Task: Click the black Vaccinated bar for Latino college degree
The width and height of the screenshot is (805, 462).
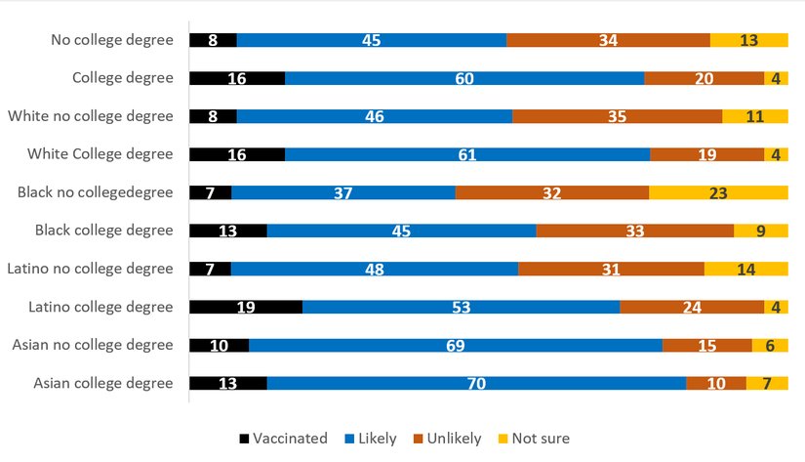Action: click(x=246, y=307)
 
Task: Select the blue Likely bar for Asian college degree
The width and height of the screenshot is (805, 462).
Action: click(x=476, y=383)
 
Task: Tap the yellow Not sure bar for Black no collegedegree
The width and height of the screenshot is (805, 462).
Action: click(x=718, y=192)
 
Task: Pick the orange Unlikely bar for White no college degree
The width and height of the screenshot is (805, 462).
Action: click(x=617, y=116)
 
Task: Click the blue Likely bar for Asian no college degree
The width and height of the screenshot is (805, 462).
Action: click(x=456, y=345)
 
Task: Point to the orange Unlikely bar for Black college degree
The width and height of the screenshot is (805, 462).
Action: click(x=634, y=231)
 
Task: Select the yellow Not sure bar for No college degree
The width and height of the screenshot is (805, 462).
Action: click(x=748, y=40)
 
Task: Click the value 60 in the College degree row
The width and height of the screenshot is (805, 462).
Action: click(x=464, y=78)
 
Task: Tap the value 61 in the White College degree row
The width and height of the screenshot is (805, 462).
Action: click(x=467, y=154)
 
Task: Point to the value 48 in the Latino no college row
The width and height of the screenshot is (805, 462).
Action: click(x=375, y=269)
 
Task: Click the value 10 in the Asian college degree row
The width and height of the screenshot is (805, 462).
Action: click(x=716, y=383)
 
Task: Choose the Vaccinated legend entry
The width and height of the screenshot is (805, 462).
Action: click(x=283, y=439)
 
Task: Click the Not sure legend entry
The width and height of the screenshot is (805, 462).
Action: click(x=534, y=439)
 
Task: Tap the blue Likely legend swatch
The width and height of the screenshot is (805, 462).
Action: click(x=350, y=439)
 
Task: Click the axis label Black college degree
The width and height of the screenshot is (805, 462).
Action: click(x=103, y=231)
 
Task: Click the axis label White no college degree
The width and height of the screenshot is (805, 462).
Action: click(x=90, y=116)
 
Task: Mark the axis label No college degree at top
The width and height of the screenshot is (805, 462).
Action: click(x=112, y=40)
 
